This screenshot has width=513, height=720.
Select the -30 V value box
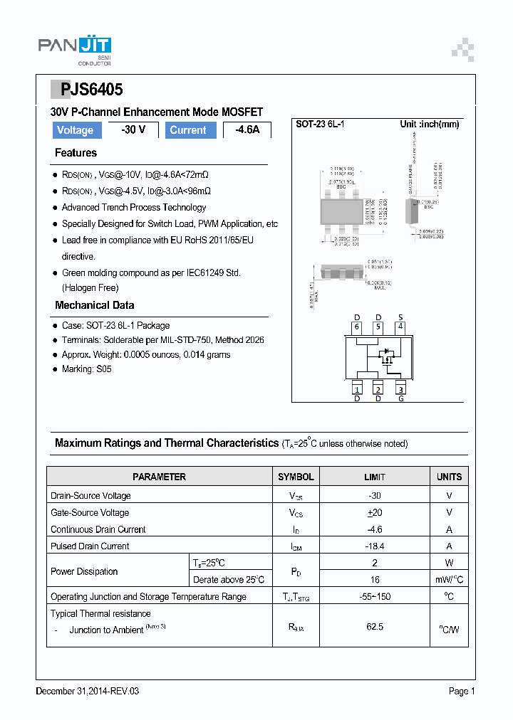click(x=133, y=130)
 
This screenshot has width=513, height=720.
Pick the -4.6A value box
click(x=247, y=130)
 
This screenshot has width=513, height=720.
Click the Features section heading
click(x=76, y=153)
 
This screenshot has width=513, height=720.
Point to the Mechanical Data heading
click(x=94, y=305)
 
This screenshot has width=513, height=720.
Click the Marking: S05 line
click(x=86, y=369)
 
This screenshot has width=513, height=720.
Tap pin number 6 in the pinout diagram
click(x=357, y=327)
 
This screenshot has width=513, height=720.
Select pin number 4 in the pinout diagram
click(x=400, y=327)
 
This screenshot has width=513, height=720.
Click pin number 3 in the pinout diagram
click(x=400, y=389)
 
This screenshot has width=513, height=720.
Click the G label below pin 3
click(x=400, y=398)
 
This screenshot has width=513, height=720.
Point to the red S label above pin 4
click(x=400, y=317)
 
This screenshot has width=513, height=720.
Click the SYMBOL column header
click(x=296, y=477)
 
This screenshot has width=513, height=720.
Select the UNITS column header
click(x=449, y=477)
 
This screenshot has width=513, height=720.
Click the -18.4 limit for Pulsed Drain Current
click(x=375, y=546)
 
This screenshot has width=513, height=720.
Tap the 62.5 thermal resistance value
click(x=375, y=627)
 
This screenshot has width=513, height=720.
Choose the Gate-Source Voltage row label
click(x=90, y=512)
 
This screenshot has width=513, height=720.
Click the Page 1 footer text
click(x=462, y=691)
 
